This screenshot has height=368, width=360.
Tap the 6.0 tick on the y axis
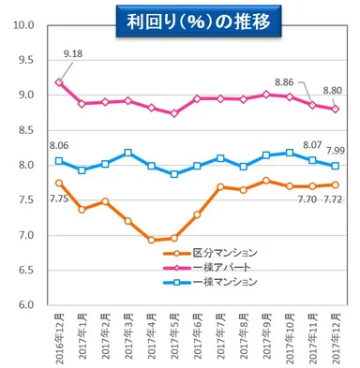(26, 305)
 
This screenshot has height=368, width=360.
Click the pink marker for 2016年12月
(59, 82)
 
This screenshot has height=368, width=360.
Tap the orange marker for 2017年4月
(151, 240)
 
